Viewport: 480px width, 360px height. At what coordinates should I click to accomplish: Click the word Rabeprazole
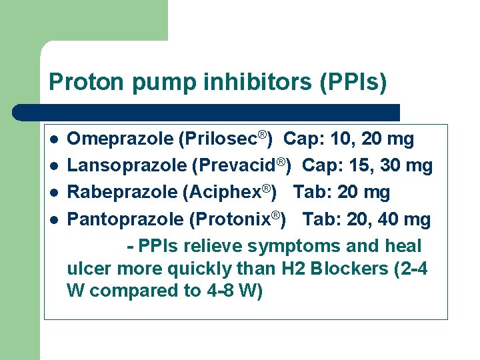[x=122, y=193]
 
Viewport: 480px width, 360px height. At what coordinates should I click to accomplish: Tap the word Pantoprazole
[x=126, y=219]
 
